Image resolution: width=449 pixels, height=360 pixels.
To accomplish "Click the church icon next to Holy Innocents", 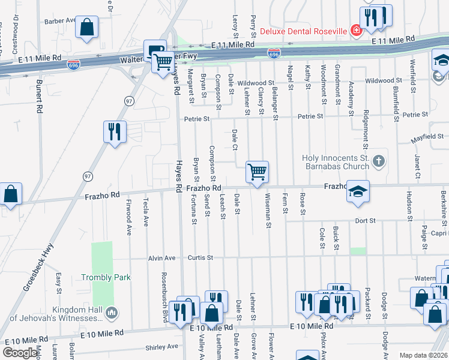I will pos(378,161).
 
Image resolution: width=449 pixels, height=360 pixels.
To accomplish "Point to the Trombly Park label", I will pos(106,277).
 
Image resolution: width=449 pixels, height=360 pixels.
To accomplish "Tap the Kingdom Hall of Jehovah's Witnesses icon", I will pos(110,313).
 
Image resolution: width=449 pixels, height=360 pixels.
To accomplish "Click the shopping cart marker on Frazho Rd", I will pos(257,172).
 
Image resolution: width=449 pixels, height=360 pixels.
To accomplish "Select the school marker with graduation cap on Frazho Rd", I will pos(358,191).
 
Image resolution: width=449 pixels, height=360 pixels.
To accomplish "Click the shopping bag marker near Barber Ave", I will pos(87,27).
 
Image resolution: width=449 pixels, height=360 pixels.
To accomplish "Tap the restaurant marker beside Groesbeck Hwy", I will pos(114,131).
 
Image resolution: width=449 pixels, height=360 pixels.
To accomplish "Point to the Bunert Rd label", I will pos(38,96).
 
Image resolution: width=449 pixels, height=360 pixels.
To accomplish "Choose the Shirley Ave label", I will pos(163,347).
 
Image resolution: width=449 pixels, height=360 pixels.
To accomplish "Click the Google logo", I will pos(20,353).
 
